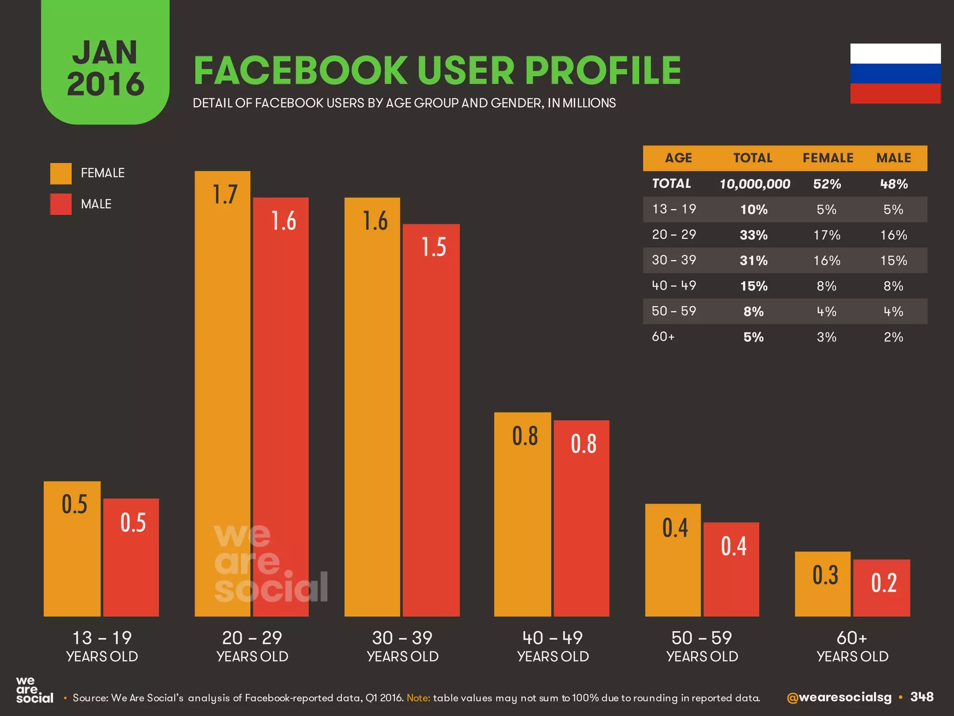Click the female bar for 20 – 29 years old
click(222, 396)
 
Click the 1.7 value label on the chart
click(225, 194)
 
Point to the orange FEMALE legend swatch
click(61, 173)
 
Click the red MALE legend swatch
click(61, 204)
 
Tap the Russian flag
click(895, 74)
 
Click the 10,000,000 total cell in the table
click(755, 184)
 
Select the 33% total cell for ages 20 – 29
click(753, 235)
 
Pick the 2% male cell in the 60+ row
click(893, 337)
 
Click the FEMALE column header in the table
click(828, 158)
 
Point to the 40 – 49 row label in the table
click(674, 285)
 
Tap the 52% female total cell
click(827, 184)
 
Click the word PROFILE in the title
click(603, 71)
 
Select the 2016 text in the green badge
click(105, 84)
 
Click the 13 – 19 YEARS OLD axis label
click(102, 646)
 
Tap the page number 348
click(921, 697)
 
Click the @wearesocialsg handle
click(838, 697)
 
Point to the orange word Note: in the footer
click(418, 698)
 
